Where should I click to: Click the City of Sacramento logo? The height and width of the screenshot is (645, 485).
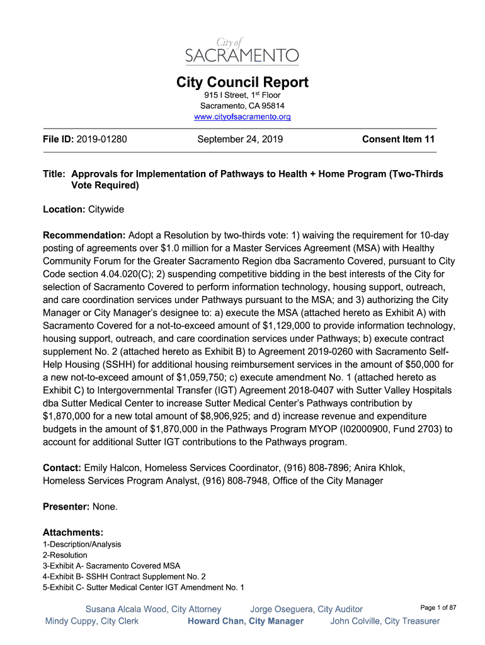(x=242, y=50)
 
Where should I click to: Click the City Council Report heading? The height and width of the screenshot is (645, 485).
(x=242, y=83)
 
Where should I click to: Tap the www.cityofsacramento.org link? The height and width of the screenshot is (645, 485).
(x=242, y=117)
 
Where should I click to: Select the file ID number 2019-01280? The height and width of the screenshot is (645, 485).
(x=101, y=139)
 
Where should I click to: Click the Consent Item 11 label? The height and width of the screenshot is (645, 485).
(x=398, y=139)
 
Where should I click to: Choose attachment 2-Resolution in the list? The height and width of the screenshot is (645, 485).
(x=65, y=555)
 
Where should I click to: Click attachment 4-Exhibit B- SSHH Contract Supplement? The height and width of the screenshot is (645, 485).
(x=124, y=576)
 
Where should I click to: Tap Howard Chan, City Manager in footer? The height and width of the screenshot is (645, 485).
(x=246, y=621)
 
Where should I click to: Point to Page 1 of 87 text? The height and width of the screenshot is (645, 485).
(x=438, y=607)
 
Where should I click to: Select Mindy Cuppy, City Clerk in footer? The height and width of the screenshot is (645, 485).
(x=92, y=621)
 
